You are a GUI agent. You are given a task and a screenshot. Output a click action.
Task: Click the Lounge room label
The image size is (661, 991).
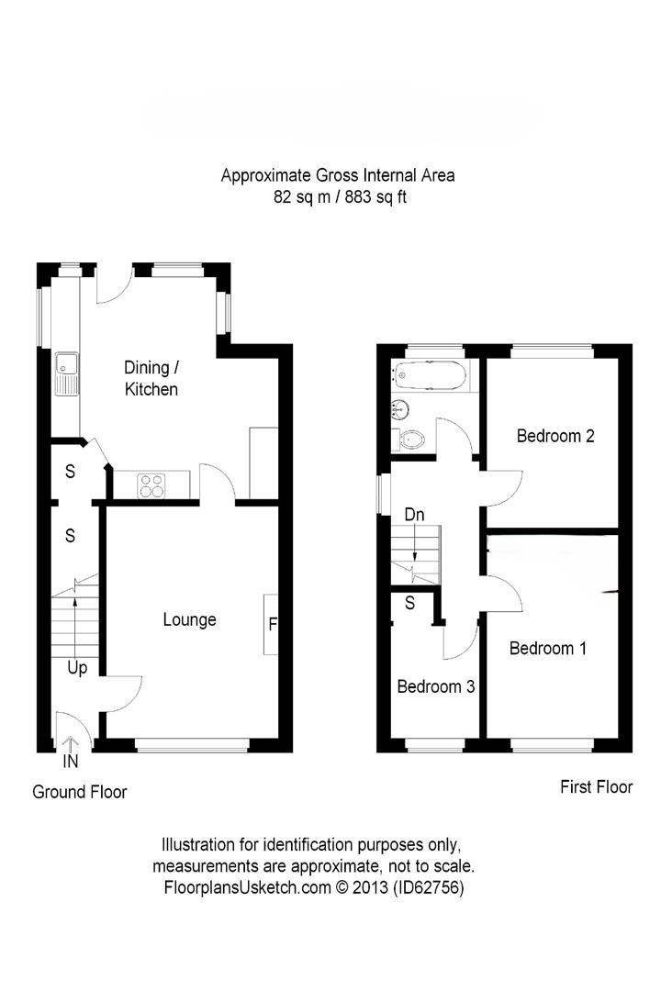pos(190,619)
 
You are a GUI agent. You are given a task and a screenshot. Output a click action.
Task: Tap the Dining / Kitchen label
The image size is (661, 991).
pos(151,378)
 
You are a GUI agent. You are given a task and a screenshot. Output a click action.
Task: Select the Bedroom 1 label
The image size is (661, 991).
pos(547,649)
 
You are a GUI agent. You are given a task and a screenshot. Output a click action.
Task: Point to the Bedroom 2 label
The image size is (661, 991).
pos(555,436)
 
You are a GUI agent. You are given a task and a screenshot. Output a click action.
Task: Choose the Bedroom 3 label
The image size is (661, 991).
pos(435,686)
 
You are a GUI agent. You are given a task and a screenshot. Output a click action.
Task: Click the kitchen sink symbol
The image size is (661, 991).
pos(67,374)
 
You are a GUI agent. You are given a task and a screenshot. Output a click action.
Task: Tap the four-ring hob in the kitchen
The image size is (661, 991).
pos(151,484)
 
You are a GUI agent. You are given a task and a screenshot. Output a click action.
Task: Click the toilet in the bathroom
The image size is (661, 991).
pos(414,440)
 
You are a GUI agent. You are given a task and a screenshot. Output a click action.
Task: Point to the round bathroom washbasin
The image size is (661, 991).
pos(400,409)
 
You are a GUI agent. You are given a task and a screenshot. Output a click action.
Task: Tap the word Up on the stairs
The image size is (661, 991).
pos(77,668)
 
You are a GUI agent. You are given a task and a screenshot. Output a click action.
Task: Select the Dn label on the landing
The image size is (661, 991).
pos(415,515)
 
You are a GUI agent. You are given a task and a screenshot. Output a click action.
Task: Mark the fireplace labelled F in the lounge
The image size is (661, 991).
pos(272,624)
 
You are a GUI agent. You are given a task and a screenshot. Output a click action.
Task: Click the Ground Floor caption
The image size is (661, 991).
pos(80,792)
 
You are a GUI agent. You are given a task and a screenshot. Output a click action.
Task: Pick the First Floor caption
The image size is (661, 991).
pos(596,786)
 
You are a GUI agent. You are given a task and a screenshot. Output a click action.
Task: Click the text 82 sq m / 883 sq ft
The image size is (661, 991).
pos(339,196)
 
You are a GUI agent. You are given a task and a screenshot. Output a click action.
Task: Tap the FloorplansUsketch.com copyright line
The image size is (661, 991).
pos(313,887)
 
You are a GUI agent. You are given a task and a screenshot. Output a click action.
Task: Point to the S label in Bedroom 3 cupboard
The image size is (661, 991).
pos(409,604)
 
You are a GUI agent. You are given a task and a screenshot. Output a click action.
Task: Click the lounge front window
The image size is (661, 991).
pos(191,744)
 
